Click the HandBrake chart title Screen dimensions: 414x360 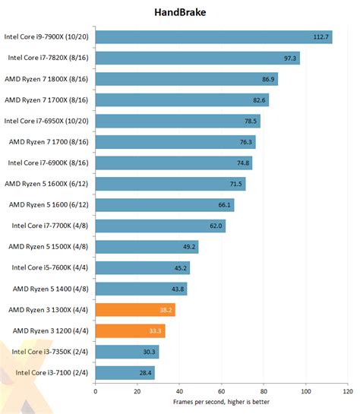coord(179,13)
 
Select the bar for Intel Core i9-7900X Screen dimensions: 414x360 coord(213,36)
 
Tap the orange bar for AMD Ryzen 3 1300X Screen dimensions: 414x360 coord(135,309)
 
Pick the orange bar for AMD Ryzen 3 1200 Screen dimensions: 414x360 coord(130,330)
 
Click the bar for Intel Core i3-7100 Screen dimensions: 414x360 coord(125,372)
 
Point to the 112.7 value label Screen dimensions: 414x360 coord(321,37)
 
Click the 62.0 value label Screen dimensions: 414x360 coord(216,226)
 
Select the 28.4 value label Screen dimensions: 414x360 coord(145,372)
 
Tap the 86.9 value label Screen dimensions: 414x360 coord(267,79)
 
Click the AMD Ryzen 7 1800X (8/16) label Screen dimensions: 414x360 coord(47,78)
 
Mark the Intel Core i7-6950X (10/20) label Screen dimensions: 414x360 coord(47,120)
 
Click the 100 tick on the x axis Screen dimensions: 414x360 coord(306,391)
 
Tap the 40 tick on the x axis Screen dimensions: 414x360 coord(179,391)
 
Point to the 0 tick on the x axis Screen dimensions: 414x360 coord(95,391)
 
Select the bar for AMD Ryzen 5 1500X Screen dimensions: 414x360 coord(147,246)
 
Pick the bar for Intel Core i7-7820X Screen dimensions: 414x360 coord(197,58)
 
